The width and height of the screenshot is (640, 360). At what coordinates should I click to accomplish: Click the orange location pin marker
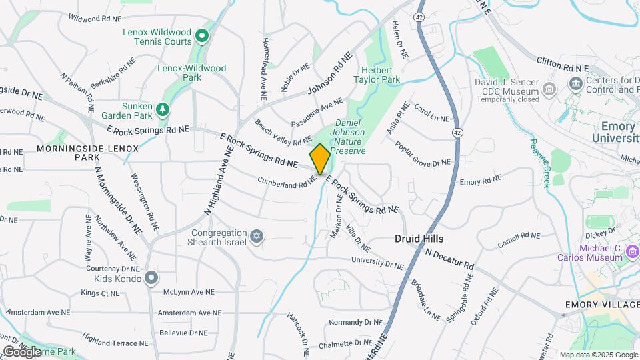[320, 159]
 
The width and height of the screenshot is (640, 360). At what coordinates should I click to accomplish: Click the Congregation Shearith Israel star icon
[257, 237]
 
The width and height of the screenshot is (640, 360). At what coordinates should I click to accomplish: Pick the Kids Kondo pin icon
[152, 277]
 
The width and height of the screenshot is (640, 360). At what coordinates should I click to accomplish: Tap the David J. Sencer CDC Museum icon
[549, 89]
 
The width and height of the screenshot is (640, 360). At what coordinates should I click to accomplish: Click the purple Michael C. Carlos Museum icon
[633, 252]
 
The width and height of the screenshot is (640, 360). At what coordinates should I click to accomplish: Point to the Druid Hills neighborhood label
[419, 238]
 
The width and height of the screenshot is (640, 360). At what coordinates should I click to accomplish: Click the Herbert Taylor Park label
[381, 75]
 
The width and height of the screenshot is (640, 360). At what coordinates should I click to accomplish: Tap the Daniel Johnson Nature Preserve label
[350, 137]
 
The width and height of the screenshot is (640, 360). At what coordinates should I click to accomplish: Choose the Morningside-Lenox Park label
[88, 153]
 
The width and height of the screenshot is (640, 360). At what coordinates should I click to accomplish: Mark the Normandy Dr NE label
[353, 322]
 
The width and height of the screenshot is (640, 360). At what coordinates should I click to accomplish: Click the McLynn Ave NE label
[189, 292]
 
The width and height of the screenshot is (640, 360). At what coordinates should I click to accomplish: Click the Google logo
[22, 351]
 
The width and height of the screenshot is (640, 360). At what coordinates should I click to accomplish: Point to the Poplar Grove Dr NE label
[423, 153]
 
